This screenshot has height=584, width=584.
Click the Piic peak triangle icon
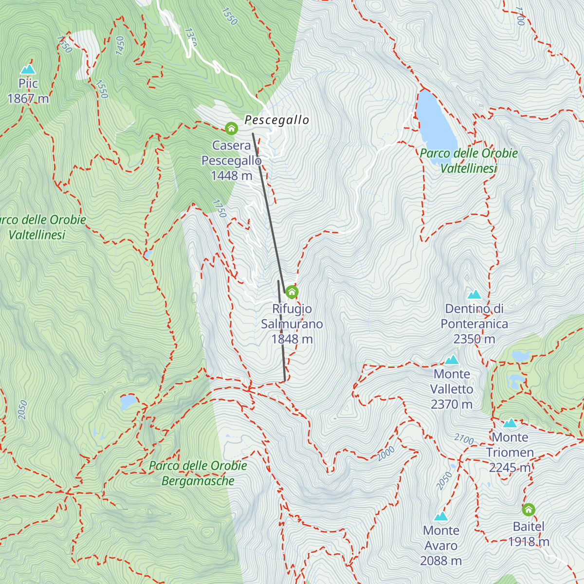28,69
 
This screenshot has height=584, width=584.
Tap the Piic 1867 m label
28,91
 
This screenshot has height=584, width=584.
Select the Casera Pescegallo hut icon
231,128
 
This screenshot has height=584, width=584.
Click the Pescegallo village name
276,120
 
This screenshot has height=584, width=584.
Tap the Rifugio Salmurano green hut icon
292,292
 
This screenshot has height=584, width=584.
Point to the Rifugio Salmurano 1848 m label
292,324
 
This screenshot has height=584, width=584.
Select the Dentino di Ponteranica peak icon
474,294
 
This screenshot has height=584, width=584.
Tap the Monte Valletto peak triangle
452,360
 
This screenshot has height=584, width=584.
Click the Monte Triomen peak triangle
510,423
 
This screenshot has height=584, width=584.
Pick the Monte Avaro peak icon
441,516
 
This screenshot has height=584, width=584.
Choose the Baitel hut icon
529,510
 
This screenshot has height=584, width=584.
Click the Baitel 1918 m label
529,534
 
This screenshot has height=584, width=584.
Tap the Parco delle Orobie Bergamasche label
198,473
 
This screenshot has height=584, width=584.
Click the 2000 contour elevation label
385,453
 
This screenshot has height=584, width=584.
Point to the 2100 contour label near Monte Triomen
464,439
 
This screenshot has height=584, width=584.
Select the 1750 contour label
219,208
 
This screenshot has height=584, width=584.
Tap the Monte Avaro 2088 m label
441,546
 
